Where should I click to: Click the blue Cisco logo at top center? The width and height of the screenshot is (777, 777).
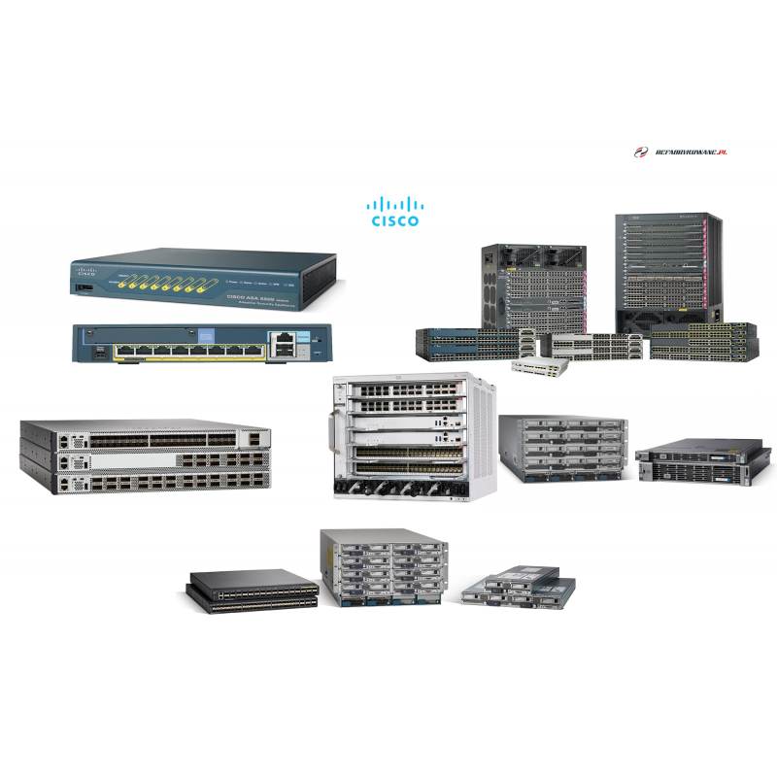click(x=395, y=210)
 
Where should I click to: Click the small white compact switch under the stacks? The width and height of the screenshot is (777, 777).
click(x=544, y=364)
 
